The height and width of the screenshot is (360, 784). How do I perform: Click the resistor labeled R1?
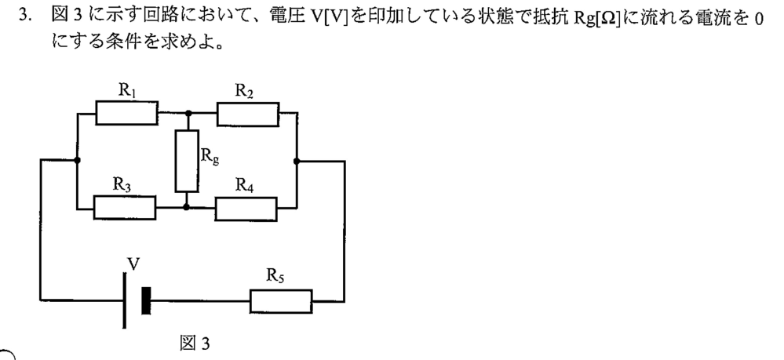pos(127,112)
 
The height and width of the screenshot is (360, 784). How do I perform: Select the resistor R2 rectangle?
pos(248,114)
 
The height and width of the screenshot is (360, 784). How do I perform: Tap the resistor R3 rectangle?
pos(125,208)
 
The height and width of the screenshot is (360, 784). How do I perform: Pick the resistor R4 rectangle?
pos(246,209)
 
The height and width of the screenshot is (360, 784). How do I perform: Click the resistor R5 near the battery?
pos(281,301)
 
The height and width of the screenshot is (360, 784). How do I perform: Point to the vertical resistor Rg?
pos(187,161)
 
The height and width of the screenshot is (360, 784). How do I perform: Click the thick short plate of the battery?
pos(146,300)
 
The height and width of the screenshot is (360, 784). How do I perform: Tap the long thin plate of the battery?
pos(124,300)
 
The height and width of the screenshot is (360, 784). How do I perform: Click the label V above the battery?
pos(133,264)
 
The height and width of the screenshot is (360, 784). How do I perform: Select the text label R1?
pos(127,90)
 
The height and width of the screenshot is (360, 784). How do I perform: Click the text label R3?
pos(122,184)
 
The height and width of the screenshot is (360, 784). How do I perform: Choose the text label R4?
pos(245,186)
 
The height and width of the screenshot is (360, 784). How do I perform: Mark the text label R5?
pos(275,275)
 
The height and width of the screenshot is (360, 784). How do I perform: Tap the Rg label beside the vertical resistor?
pos(210,157)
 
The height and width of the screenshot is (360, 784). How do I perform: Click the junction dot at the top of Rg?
pos(188,113)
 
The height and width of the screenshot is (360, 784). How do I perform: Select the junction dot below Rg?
pos(186,206)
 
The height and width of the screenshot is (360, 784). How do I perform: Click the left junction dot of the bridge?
pos(77,160)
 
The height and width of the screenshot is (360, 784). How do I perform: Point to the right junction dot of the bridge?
pos(297,161)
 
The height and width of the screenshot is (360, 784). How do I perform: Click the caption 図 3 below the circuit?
pos(195,344)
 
